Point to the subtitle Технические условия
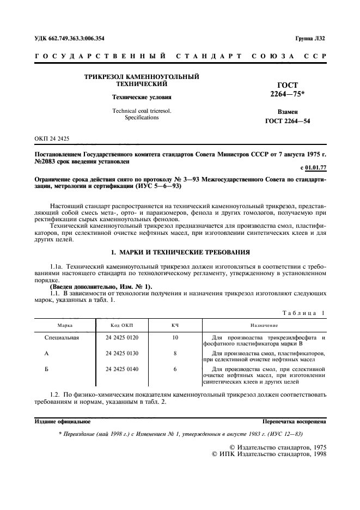pyautogui.click(x=142, y=98)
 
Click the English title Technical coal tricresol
pyautogui.click(x=142, y=111)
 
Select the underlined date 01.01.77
pyautogui.click(x=315, y=168)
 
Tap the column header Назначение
pyautogui.click(x=264, y=325)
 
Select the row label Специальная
pyautogui.click(x=62, y=338)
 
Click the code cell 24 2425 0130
pyautogui.click(x=122, y=353)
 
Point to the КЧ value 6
pyautogui.click(x=175, y=369)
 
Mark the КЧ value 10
pyautogui.click(x=175, y=338)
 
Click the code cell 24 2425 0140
pyautogui.click(x=122, y=369)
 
